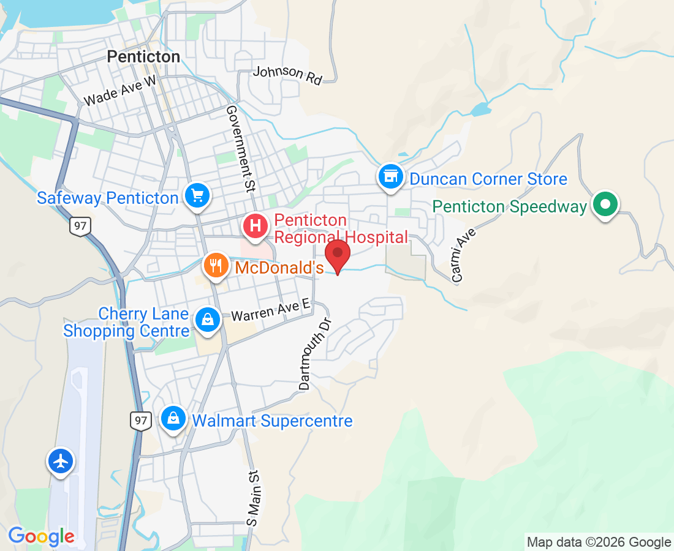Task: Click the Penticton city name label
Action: [143, 57]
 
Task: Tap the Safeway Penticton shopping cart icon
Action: [197, 196]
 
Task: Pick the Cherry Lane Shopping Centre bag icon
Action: [208, 320]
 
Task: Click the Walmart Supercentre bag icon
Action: [174, 419]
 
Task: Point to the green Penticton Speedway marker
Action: [605, 205]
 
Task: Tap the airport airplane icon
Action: [61, 461]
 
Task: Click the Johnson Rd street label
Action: [287, 75]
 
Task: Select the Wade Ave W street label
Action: [120, 91]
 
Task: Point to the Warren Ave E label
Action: [270, 311]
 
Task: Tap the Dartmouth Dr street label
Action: [314, 353]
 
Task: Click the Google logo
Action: [41, 536]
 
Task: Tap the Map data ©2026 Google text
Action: [599, 542]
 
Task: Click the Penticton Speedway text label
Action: [510, 207]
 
